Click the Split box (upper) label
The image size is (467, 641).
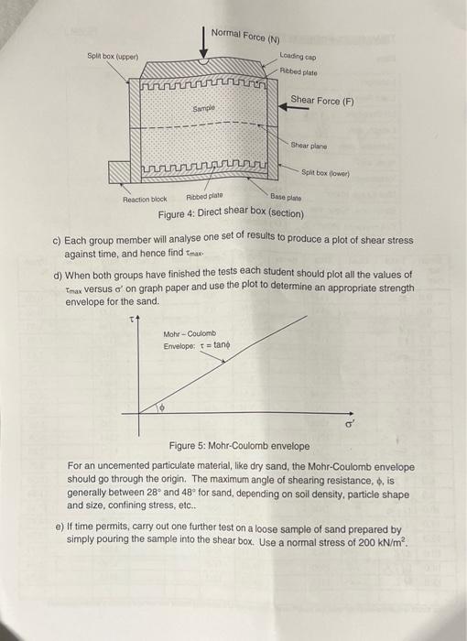pyautogui.click(x=112, y=57)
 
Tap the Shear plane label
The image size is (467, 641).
pyautogui.click(x=309, y=145)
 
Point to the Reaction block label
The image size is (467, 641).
pyautogui.click(x=145, y=199)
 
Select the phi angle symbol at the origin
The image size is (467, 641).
pyautogui.click(x=164, y=406)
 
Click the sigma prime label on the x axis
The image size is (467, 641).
pyautogui.click(x=348, y=425)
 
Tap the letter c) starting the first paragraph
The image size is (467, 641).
pyautogui.click(x=56, y=241)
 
